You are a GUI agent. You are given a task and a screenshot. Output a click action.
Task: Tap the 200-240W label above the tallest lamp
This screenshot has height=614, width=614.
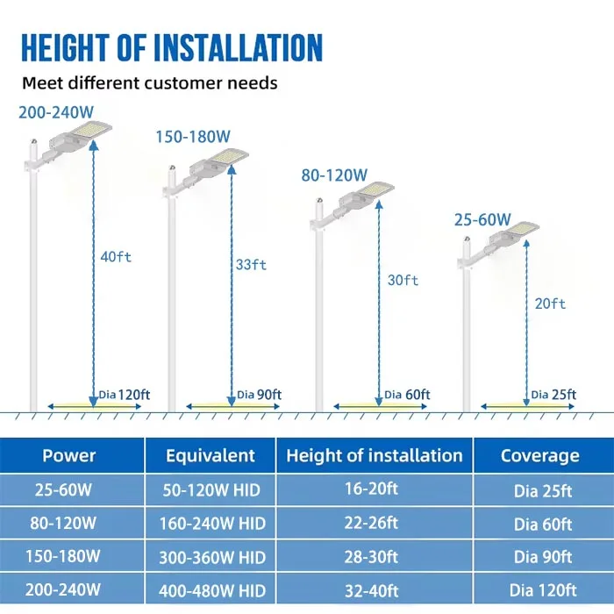[55, 112]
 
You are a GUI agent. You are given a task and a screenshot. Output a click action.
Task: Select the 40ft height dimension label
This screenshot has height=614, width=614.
[116, 257]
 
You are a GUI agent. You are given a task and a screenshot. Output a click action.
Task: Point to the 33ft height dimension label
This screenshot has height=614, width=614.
[251, 264]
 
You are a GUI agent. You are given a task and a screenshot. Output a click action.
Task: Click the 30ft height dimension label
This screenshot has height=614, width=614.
[403, 281]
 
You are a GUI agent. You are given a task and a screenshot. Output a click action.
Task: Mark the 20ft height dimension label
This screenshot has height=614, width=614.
[550, 303]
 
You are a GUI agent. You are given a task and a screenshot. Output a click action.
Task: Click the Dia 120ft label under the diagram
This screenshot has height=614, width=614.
[124, 395]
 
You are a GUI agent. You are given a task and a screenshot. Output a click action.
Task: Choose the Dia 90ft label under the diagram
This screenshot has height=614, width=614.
[258, 395]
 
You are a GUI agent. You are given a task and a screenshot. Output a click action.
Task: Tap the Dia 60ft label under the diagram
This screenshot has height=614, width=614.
[406, 395]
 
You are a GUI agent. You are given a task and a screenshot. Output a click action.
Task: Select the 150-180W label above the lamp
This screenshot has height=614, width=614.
[193, 137]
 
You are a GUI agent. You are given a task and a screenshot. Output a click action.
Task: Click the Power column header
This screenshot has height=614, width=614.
[69, 456]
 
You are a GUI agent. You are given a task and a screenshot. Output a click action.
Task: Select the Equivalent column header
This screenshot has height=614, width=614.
[211, 456]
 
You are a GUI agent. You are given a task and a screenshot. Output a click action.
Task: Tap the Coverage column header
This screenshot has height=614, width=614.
[539, 456]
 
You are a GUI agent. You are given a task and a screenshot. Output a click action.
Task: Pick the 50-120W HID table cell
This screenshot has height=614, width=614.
[211, 489]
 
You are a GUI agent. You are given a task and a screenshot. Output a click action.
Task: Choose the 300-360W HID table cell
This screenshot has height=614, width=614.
[211, 557]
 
